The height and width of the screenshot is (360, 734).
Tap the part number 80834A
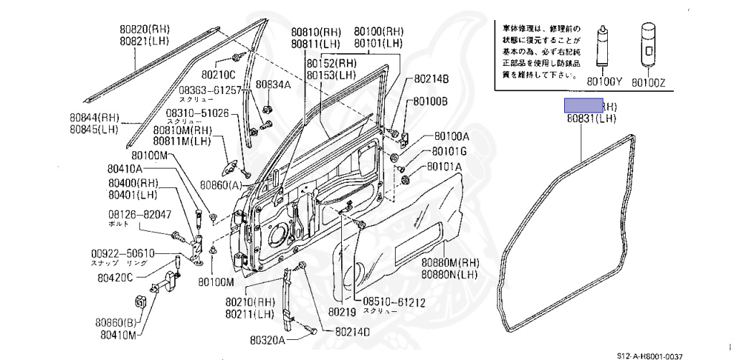pyautogui.click(x=273, y=85)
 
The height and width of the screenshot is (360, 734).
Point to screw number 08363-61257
pyautogui.click(x=210, y=90)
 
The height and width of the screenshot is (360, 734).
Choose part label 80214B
pyautogui.click(x=432, y=78)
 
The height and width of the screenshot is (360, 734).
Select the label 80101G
pyautogui.click(x=449, y=151)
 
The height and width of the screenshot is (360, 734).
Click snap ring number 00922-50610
pyautogui.click(x=123, y=254)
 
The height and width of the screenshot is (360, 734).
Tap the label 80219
pyautogui.click(x=342, y=313)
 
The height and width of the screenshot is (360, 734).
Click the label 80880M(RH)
pyautogui.click(x=449, y=262)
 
